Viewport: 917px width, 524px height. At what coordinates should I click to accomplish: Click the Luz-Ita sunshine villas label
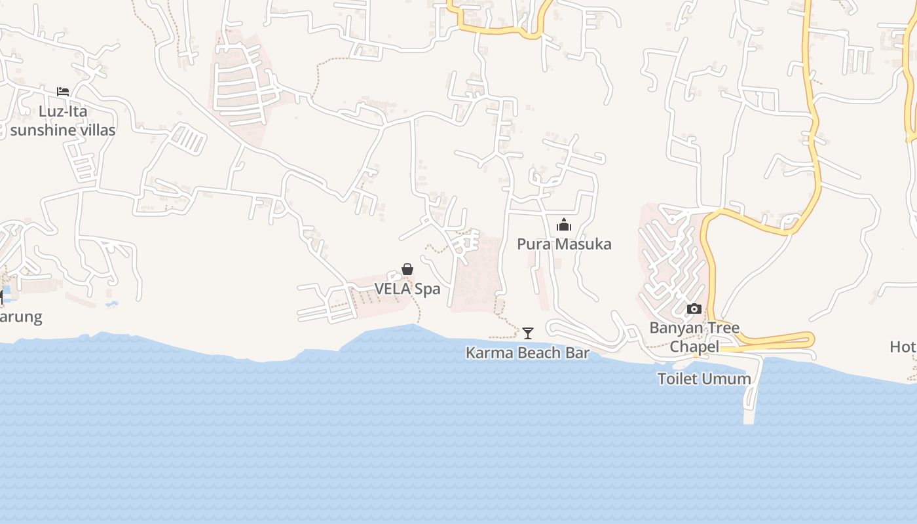tap(63, 121)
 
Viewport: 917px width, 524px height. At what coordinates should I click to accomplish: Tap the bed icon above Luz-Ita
tap(63, 91)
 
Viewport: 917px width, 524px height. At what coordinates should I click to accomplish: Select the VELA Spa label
tap(407, 289)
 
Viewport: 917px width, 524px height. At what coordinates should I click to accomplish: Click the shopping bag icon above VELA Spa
tap(407, 269)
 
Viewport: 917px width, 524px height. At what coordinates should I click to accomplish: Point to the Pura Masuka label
tap(564, 244)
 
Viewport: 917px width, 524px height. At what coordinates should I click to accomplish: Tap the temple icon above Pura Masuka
tap(564, 225)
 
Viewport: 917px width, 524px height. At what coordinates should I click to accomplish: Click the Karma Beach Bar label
tap(527, 353)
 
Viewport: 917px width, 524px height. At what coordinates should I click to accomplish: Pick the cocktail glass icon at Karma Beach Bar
tap(528, 333)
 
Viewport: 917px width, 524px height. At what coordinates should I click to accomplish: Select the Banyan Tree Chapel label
tap(694, 337)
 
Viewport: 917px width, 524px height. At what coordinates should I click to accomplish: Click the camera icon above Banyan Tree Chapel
tap(694, 309)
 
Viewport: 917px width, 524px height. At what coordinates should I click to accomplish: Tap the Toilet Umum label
tap(704, 379)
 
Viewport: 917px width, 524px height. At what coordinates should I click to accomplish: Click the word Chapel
tap(694, 346)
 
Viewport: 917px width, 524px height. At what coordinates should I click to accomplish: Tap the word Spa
tap(427, 289)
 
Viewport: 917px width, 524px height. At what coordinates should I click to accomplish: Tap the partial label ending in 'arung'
tap(20, 317)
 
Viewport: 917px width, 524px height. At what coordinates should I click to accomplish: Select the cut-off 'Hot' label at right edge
tap(903, 346)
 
